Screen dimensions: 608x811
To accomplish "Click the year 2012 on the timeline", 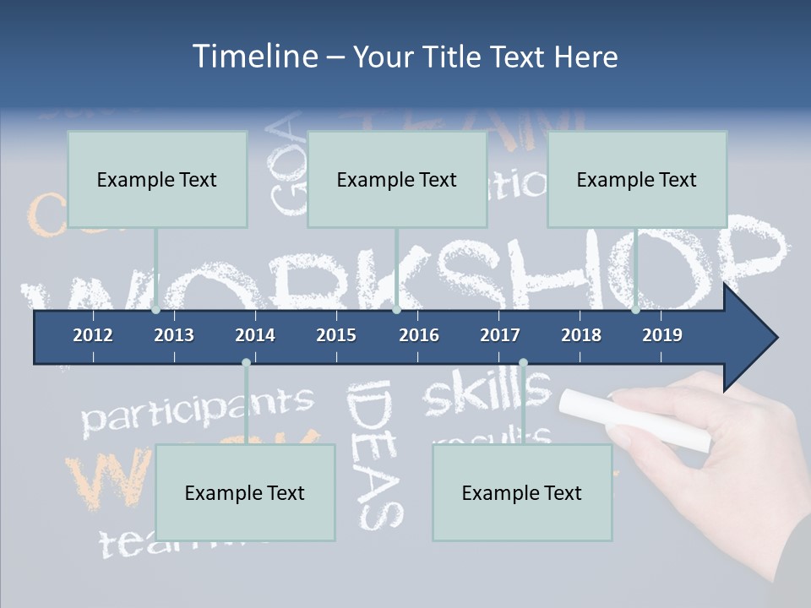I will [x=93, y=335].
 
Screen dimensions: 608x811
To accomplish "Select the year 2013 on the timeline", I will [x=174, y=335].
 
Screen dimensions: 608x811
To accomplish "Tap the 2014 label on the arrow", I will [x=255, y=335].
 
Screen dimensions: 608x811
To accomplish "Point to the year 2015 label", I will [x=336, y=335].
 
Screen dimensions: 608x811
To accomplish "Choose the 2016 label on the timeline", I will [x=419, y=335].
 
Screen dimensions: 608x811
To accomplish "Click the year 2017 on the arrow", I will [x=500, y=335].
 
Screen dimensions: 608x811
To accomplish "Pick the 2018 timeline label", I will [x=581, y=335].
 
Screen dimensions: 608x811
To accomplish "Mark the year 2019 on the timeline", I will [x=662, y=335].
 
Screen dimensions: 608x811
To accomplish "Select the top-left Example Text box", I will [x=157, y=179].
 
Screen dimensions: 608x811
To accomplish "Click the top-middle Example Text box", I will [x=397, y=179].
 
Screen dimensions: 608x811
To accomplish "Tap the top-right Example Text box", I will [x=637, y=179].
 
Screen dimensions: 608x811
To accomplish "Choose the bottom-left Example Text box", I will [x=245, y=492].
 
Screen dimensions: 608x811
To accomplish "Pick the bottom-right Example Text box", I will [x=522, y=492].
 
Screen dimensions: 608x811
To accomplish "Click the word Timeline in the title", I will [x=254, y=57].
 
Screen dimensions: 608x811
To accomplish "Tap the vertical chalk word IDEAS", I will [x=373, y=453].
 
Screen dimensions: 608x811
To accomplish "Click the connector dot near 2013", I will [x=156, y=310].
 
